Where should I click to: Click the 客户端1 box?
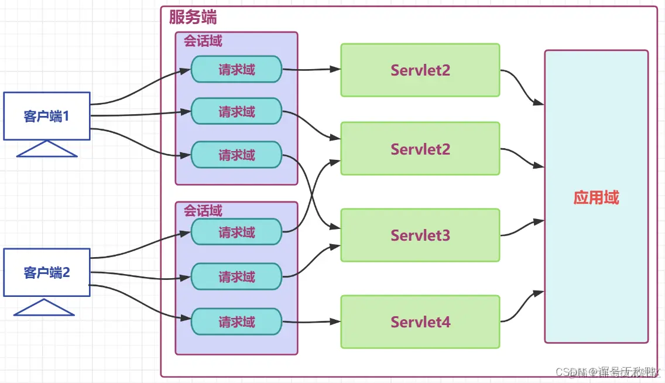(x=47, y=116)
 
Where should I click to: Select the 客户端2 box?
(x=47, y=272)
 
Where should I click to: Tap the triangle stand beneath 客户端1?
(x=47, y=150)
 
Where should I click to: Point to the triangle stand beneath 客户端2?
(x=44, y=308)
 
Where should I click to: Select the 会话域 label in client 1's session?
(x=203, y=42)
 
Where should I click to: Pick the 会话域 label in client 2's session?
(x=203, y=211)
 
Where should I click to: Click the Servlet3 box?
(x=420, y=235)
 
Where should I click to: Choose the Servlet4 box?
(x=420, y=322)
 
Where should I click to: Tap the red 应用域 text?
(x=596, y=197)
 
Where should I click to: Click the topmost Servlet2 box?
(x=420, y=70)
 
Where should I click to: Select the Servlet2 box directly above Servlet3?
(x=420, y=149)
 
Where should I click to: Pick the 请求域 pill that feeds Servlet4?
(x=236, y=322)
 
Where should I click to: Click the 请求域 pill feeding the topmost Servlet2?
(x=236, y=69)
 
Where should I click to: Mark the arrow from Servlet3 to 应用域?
(x=521, y=228)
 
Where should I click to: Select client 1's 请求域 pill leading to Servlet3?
(x=236, y=155)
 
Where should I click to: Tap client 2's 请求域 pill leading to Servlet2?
(x=236, y=232)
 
